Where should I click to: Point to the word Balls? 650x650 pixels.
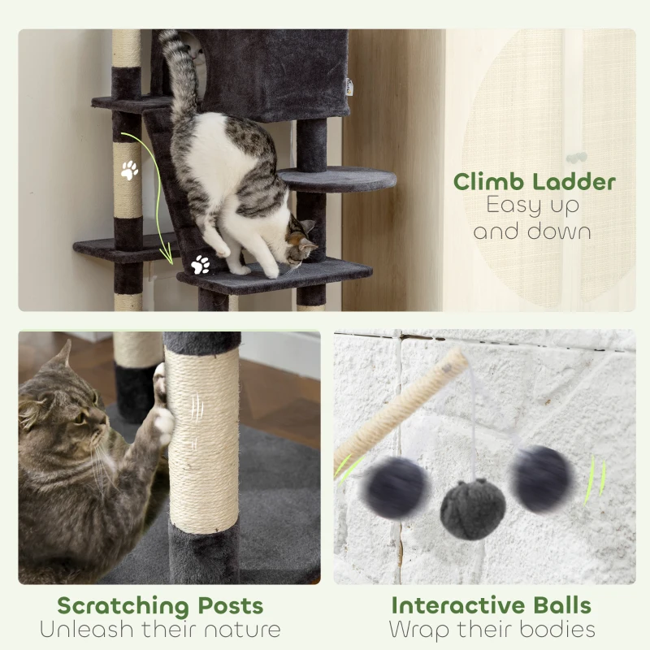tap(561, 605)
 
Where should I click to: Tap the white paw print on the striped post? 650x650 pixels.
tap(129, 170)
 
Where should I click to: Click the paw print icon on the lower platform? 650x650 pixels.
tap(200, 264)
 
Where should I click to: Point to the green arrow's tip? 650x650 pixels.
tap(171, 262)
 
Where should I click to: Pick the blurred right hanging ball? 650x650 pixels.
tap(541, 479)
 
